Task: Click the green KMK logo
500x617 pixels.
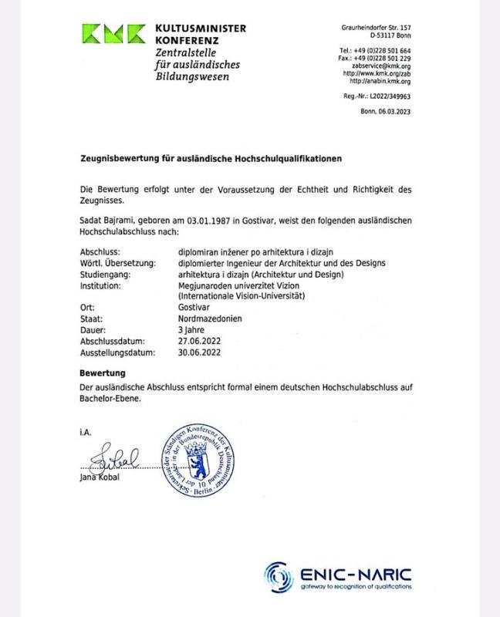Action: [113, 33]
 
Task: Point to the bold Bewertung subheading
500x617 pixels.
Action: [103, 373]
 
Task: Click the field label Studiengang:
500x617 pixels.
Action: [106, 274]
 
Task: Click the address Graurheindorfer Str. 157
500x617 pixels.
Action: [376, 28]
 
